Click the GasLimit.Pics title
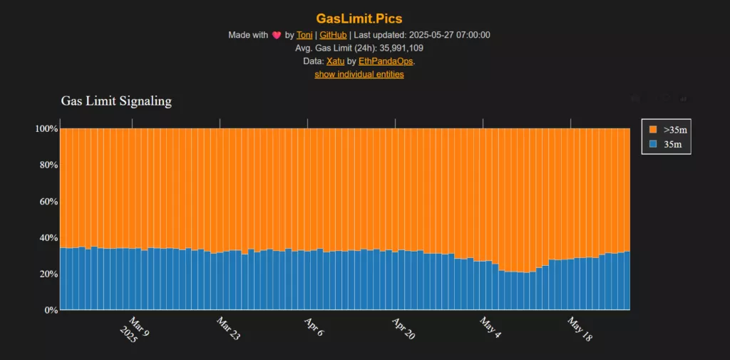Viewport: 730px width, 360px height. [364, 18]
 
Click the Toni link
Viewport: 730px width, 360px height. [304, 35]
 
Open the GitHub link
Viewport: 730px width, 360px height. [333, 35]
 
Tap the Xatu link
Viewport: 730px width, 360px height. [335, 61]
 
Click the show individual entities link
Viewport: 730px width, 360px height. [359, 74]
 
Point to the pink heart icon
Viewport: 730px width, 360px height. [276, 35]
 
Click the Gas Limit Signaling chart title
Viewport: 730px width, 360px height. [116, 101]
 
